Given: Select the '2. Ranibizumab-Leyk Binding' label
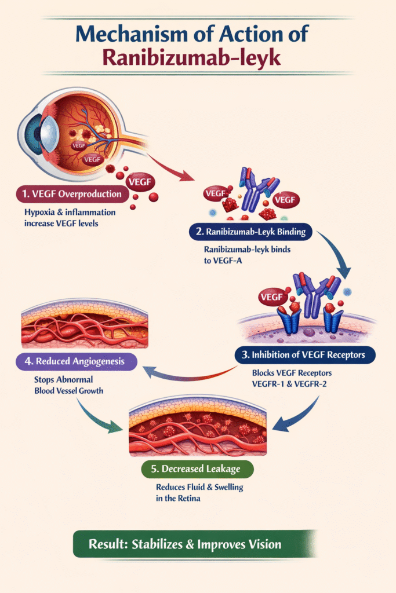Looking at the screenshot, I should coord(250,233).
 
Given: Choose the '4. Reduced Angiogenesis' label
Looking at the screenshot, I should coord(77,361).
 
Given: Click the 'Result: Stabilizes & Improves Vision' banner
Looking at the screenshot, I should coord(193,544).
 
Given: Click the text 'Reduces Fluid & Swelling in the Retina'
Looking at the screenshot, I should coord(199,492).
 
